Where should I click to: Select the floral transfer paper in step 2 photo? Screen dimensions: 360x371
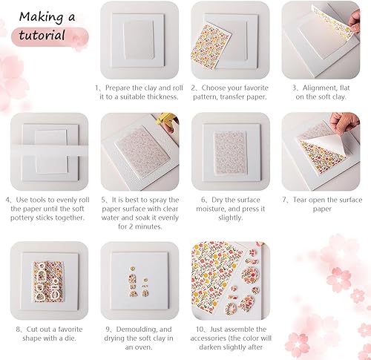point(209,49)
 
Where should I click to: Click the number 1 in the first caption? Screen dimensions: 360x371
point(97,87)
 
